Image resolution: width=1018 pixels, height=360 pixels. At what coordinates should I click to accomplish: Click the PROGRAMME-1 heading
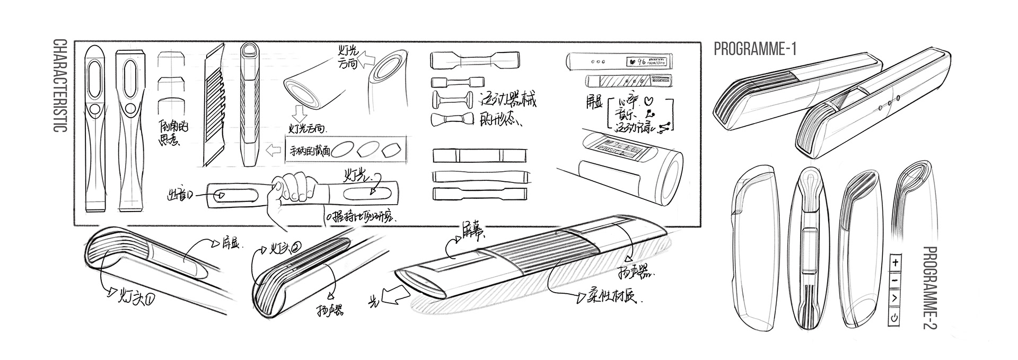click(x=755, y=49)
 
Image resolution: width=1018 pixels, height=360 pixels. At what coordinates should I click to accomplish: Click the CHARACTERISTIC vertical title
click(x=60, y=93)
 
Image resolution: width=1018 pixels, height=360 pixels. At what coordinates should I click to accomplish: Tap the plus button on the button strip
click(x=895, y=262)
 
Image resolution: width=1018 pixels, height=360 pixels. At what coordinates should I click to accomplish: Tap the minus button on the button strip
click(x=895, y=280)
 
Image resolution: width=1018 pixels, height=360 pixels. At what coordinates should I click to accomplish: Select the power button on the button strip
click(x=895, y=318)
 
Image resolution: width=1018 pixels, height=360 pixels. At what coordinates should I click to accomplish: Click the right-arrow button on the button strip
click(x=895, y=298)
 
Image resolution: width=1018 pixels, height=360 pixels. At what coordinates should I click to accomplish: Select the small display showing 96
click(x=651, y=62)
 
